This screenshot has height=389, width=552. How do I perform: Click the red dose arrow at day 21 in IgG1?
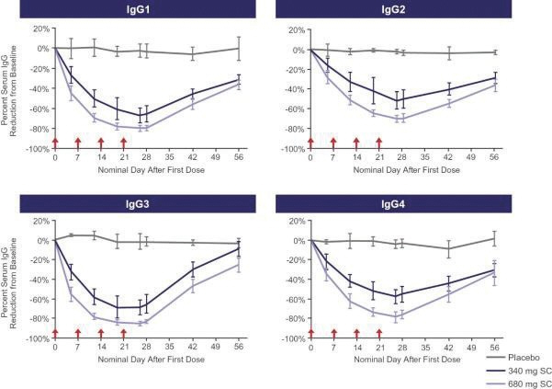click(124, 143)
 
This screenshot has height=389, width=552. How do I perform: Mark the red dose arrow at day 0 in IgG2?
click(310, 143)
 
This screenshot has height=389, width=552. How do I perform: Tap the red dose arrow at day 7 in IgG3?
click(78, 333)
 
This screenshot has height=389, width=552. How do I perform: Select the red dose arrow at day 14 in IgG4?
click(356, 333)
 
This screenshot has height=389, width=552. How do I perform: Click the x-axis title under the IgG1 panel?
click(147, 169)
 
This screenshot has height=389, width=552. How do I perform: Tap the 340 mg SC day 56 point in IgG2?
click(494, 77)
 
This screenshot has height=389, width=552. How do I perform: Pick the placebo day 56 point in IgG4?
click(494, 238)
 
